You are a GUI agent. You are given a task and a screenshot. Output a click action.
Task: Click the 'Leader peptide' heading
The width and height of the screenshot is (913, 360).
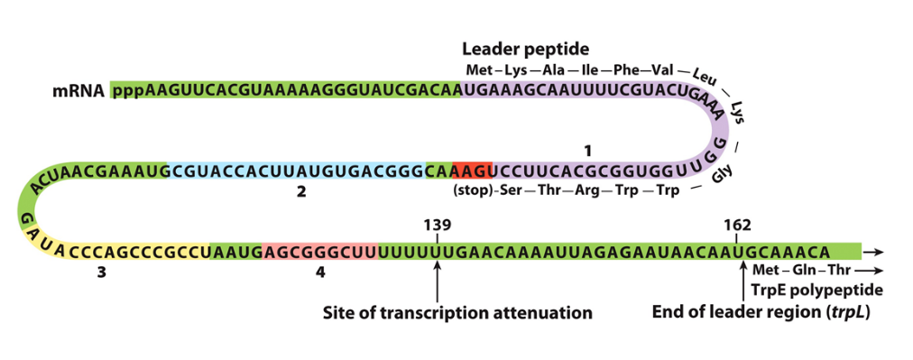click(525, 49)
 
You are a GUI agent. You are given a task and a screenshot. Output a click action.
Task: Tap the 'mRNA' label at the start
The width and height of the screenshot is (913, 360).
click(77, 91)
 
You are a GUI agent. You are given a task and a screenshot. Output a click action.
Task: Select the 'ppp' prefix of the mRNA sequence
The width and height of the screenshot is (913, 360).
click(128, 91)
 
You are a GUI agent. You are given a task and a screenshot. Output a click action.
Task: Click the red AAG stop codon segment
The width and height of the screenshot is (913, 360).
click(471, 171)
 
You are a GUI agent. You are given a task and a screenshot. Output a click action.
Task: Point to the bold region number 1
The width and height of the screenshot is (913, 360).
click(588, 147)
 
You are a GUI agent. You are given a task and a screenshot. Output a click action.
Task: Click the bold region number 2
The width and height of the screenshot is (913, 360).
click(301, 191)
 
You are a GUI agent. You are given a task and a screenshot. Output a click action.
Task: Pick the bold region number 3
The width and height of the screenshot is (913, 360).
click(102, 273)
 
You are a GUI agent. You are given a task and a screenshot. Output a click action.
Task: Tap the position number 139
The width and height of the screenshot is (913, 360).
click(437, 225)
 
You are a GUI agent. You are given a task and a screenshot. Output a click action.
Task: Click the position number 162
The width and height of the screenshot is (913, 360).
click(737, 225)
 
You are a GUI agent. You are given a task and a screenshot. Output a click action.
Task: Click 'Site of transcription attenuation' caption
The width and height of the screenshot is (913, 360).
click(457, 313)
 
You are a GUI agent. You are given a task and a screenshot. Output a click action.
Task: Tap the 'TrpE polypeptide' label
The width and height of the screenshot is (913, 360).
click(816, 290)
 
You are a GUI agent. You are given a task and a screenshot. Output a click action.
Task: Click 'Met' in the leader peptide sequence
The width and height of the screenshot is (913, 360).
click(479, 70)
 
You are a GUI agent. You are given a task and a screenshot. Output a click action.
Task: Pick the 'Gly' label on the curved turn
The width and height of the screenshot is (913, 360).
click(722, 175)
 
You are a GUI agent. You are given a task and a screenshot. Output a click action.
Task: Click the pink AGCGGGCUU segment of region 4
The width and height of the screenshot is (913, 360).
click(320, 252)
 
